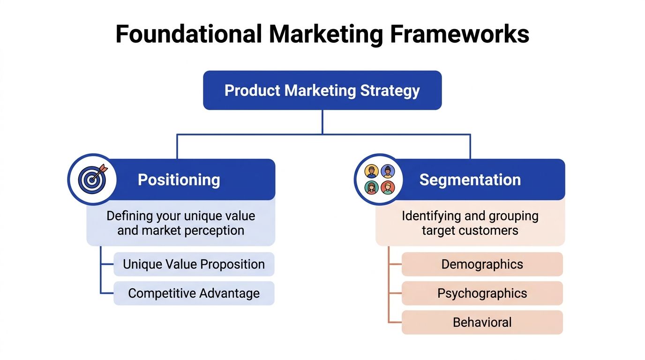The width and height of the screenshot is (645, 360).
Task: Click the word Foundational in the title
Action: pos(188,34)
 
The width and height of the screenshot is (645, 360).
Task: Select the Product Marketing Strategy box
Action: pos(322,90)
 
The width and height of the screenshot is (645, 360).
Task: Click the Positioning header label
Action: pos(179,180)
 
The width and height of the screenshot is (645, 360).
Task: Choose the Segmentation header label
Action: pos(470,180)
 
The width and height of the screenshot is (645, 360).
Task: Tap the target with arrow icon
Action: pos(92,179)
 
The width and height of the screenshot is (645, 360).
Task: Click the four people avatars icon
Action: pos(379,179)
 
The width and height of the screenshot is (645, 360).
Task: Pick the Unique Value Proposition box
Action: pos(194,264)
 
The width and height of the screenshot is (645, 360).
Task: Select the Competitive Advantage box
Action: pos(194,293)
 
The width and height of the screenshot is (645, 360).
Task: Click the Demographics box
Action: pos(482,264)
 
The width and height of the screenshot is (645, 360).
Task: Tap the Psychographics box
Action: pos(482,293)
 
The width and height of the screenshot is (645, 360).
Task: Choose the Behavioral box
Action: pos(482,322)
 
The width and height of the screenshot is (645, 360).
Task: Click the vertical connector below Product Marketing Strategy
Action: pos(322,122)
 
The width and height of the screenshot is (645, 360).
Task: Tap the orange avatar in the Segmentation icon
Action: pos(372,172)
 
